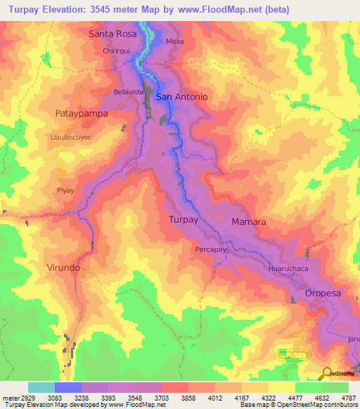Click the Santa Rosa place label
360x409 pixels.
[x=112, y=33]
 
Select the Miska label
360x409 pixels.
[x=174, y=42]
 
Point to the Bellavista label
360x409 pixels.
[x=128, y=92]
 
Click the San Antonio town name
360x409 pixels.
[x=181, y=97]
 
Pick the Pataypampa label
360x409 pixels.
[x=79, y=112]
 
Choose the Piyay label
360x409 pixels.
[x=65, y=190]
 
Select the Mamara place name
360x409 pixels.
[x=249, y=221]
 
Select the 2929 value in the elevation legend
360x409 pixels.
[x=22, y=397]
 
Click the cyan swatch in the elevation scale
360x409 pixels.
[x=41, y=387]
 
